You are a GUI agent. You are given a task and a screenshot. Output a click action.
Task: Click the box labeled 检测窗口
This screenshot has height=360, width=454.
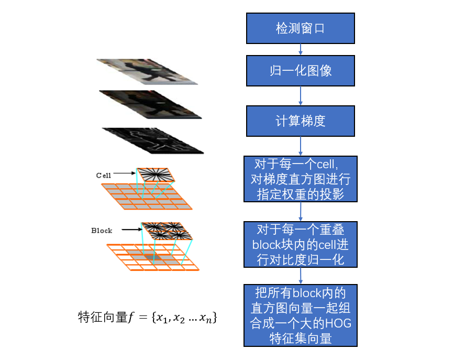point(300,28)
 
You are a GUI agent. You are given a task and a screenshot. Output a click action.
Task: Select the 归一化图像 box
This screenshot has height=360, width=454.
point(300,71)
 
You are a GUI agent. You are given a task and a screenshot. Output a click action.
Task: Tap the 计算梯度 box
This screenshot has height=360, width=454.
point(300,121)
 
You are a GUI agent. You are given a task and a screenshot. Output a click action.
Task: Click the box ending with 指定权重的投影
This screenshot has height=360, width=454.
point(300,179)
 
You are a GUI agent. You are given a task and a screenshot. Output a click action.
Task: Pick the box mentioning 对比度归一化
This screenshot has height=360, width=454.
point(300,245)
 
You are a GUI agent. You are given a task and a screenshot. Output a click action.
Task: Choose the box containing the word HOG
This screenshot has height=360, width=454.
point(300,315)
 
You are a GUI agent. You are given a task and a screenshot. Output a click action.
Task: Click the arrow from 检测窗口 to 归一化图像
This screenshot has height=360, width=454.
point(301,50)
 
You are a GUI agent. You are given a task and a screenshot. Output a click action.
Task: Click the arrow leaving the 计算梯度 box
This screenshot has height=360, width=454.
point(301,146)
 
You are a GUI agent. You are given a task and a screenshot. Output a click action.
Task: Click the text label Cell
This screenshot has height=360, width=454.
point(103,175)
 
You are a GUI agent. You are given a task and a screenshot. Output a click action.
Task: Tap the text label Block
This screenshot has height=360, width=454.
point(102,230)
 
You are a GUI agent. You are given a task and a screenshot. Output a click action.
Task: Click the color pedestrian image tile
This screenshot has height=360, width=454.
point(148,71)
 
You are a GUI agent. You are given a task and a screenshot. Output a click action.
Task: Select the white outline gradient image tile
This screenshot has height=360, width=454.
point(152,140)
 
